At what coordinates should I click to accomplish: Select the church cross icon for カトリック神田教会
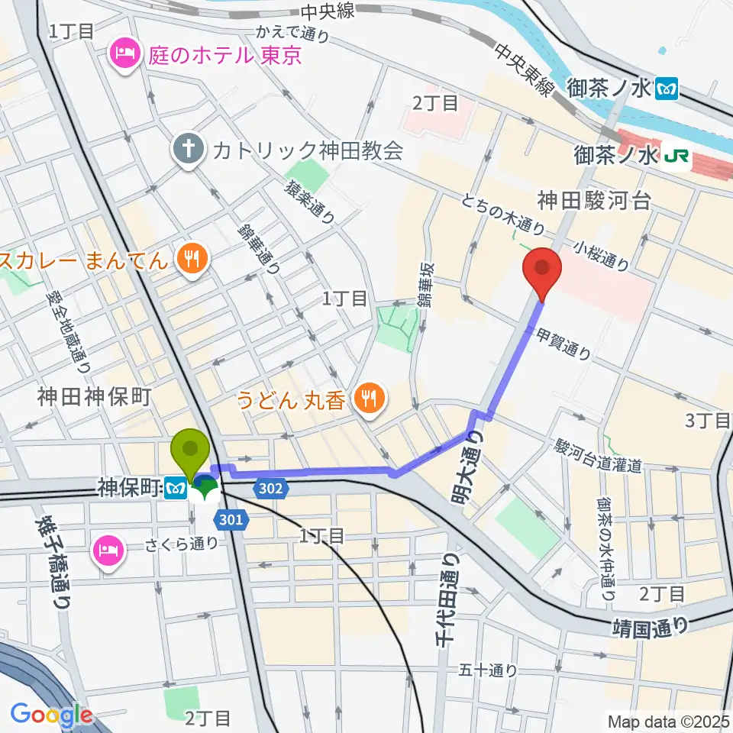click(186, 148)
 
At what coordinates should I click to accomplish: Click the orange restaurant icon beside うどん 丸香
click(370, 397)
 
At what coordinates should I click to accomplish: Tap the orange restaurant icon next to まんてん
click(189, 259)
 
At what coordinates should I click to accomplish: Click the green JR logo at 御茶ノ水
click(677, 157)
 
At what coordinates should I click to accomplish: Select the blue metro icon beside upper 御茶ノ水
click(667, 89)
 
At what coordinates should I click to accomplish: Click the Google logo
click(51, 715)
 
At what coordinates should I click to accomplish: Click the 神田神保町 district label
click(96, 396)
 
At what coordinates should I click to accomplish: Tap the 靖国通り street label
click(651, 627)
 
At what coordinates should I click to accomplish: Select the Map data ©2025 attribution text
click(668, 721)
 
